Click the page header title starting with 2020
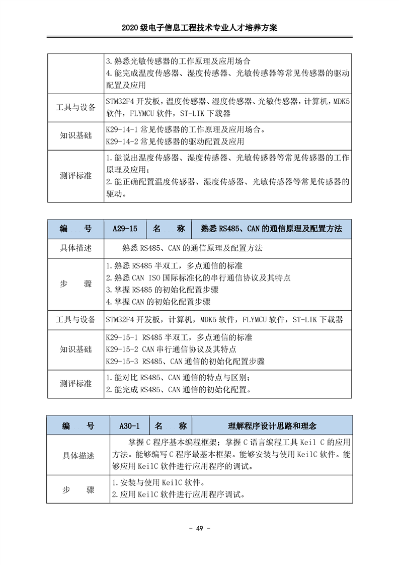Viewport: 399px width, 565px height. click(x=199, y=29)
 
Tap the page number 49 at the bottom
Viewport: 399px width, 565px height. click(x=199, y=528)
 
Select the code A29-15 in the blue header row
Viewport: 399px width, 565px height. click(x=125, y=229)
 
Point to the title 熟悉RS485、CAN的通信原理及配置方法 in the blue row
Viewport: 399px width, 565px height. click(x=272, y=229)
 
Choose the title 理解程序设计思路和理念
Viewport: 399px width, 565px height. click(x=272, y=426)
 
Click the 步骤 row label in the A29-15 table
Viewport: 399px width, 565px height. click(x=75, y=284)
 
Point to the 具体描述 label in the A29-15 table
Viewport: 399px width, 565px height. click(x=75, y=248)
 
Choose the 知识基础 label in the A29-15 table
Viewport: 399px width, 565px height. click(x=75, y=349)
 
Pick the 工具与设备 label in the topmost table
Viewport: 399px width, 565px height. click(x=75, y=107)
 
